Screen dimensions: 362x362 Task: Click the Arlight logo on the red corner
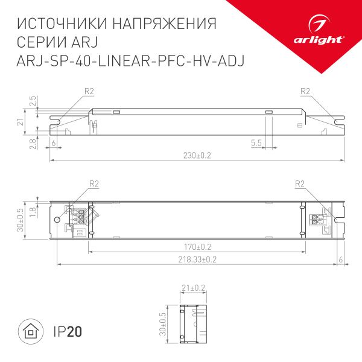(x=326, y=33)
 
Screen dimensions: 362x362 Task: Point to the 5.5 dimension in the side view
(x=256, y=143)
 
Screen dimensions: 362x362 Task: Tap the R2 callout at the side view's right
(x=305, y=92)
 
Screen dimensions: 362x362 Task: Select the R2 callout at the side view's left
(x=89, y=92)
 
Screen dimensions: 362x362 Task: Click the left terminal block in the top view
(x=79, y=218)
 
